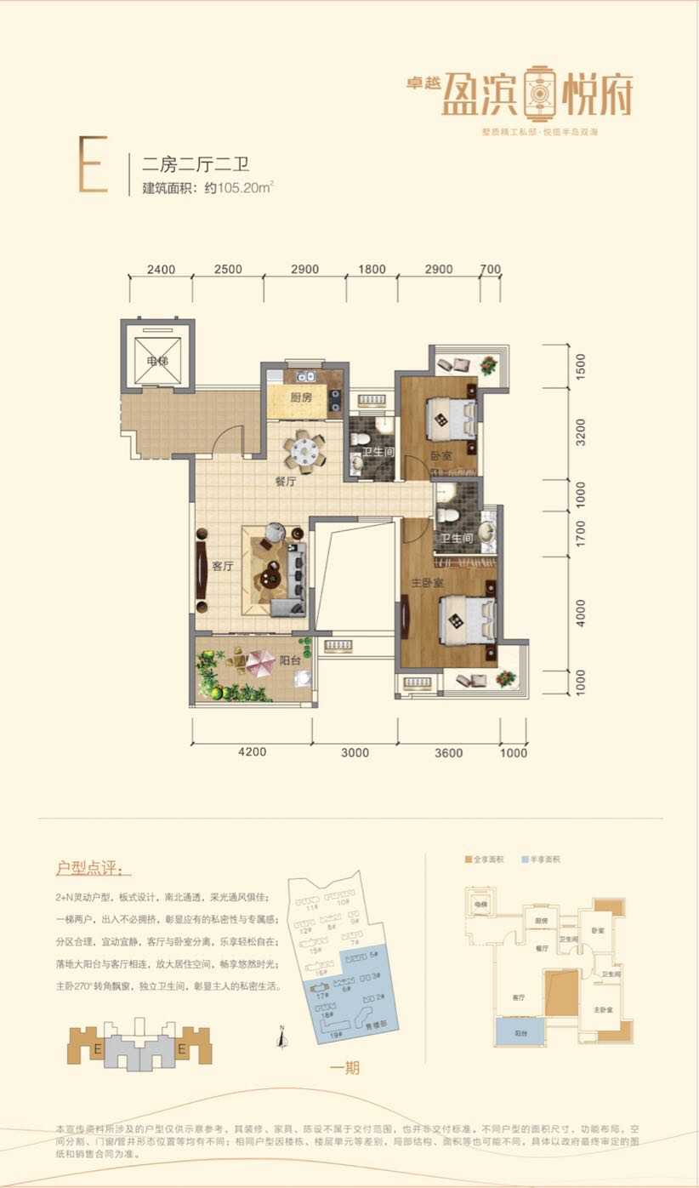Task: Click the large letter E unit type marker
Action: coord(93,166)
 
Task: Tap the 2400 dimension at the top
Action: coord(161,270)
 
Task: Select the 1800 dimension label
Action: coord(372,270)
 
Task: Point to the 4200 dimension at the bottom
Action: coord(252,752)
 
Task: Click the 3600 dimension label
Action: coord(448,752)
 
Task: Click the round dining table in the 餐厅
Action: coord(304,449)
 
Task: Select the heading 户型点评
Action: coord(94,869)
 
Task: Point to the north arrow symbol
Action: coord(281,1037)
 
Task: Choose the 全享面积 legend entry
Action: coord(484,860)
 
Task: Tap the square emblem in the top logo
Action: coord(537,91)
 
